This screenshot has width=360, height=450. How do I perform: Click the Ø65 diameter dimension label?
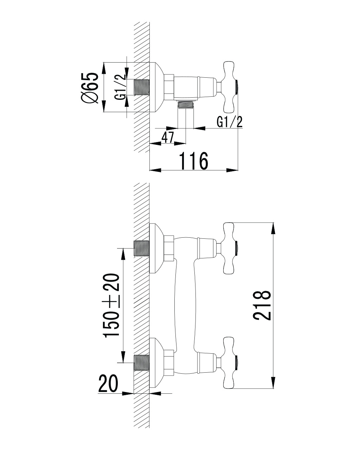pyautogui.click(x=89, y=88)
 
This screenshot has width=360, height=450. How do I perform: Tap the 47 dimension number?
pyautogui.click(x=168, y=137)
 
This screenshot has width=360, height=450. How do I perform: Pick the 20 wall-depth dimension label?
pyautogui.click(x=108, y=383)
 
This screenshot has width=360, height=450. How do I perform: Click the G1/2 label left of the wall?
pyautogui.click(x=120, y=87)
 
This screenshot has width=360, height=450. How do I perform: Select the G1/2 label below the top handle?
pyautogui.click(x=230, y=122)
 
